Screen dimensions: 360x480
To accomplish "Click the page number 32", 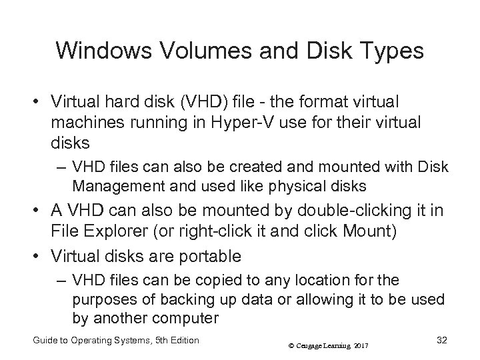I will click(x=441, y=341).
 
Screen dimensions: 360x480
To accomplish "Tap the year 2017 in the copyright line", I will click(x=359, y=345).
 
